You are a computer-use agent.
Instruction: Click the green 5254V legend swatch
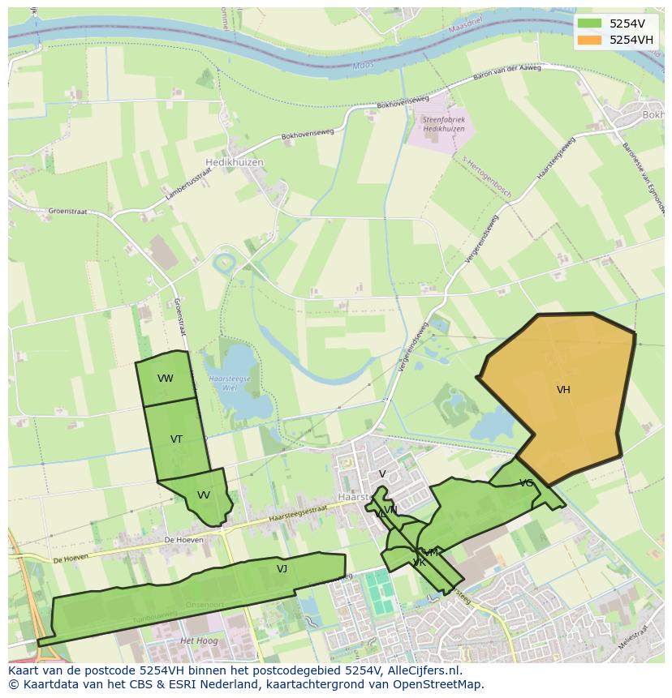click(589, 24)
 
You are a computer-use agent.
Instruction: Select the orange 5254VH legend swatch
click(589, 40)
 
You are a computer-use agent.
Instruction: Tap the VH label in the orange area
click(563, 390)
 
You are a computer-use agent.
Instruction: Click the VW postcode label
click(166, 379)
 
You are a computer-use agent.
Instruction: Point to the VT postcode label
click(176, 439)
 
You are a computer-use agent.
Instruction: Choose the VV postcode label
click(204, 495)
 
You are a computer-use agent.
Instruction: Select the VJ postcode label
click(282, 569)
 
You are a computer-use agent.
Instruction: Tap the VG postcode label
click(527, 483)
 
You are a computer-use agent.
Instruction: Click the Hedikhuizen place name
click(235, 162)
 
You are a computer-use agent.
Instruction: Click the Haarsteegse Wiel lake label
click(230, 382)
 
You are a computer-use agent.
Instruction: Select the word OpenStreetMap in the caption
click(442, 684)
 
